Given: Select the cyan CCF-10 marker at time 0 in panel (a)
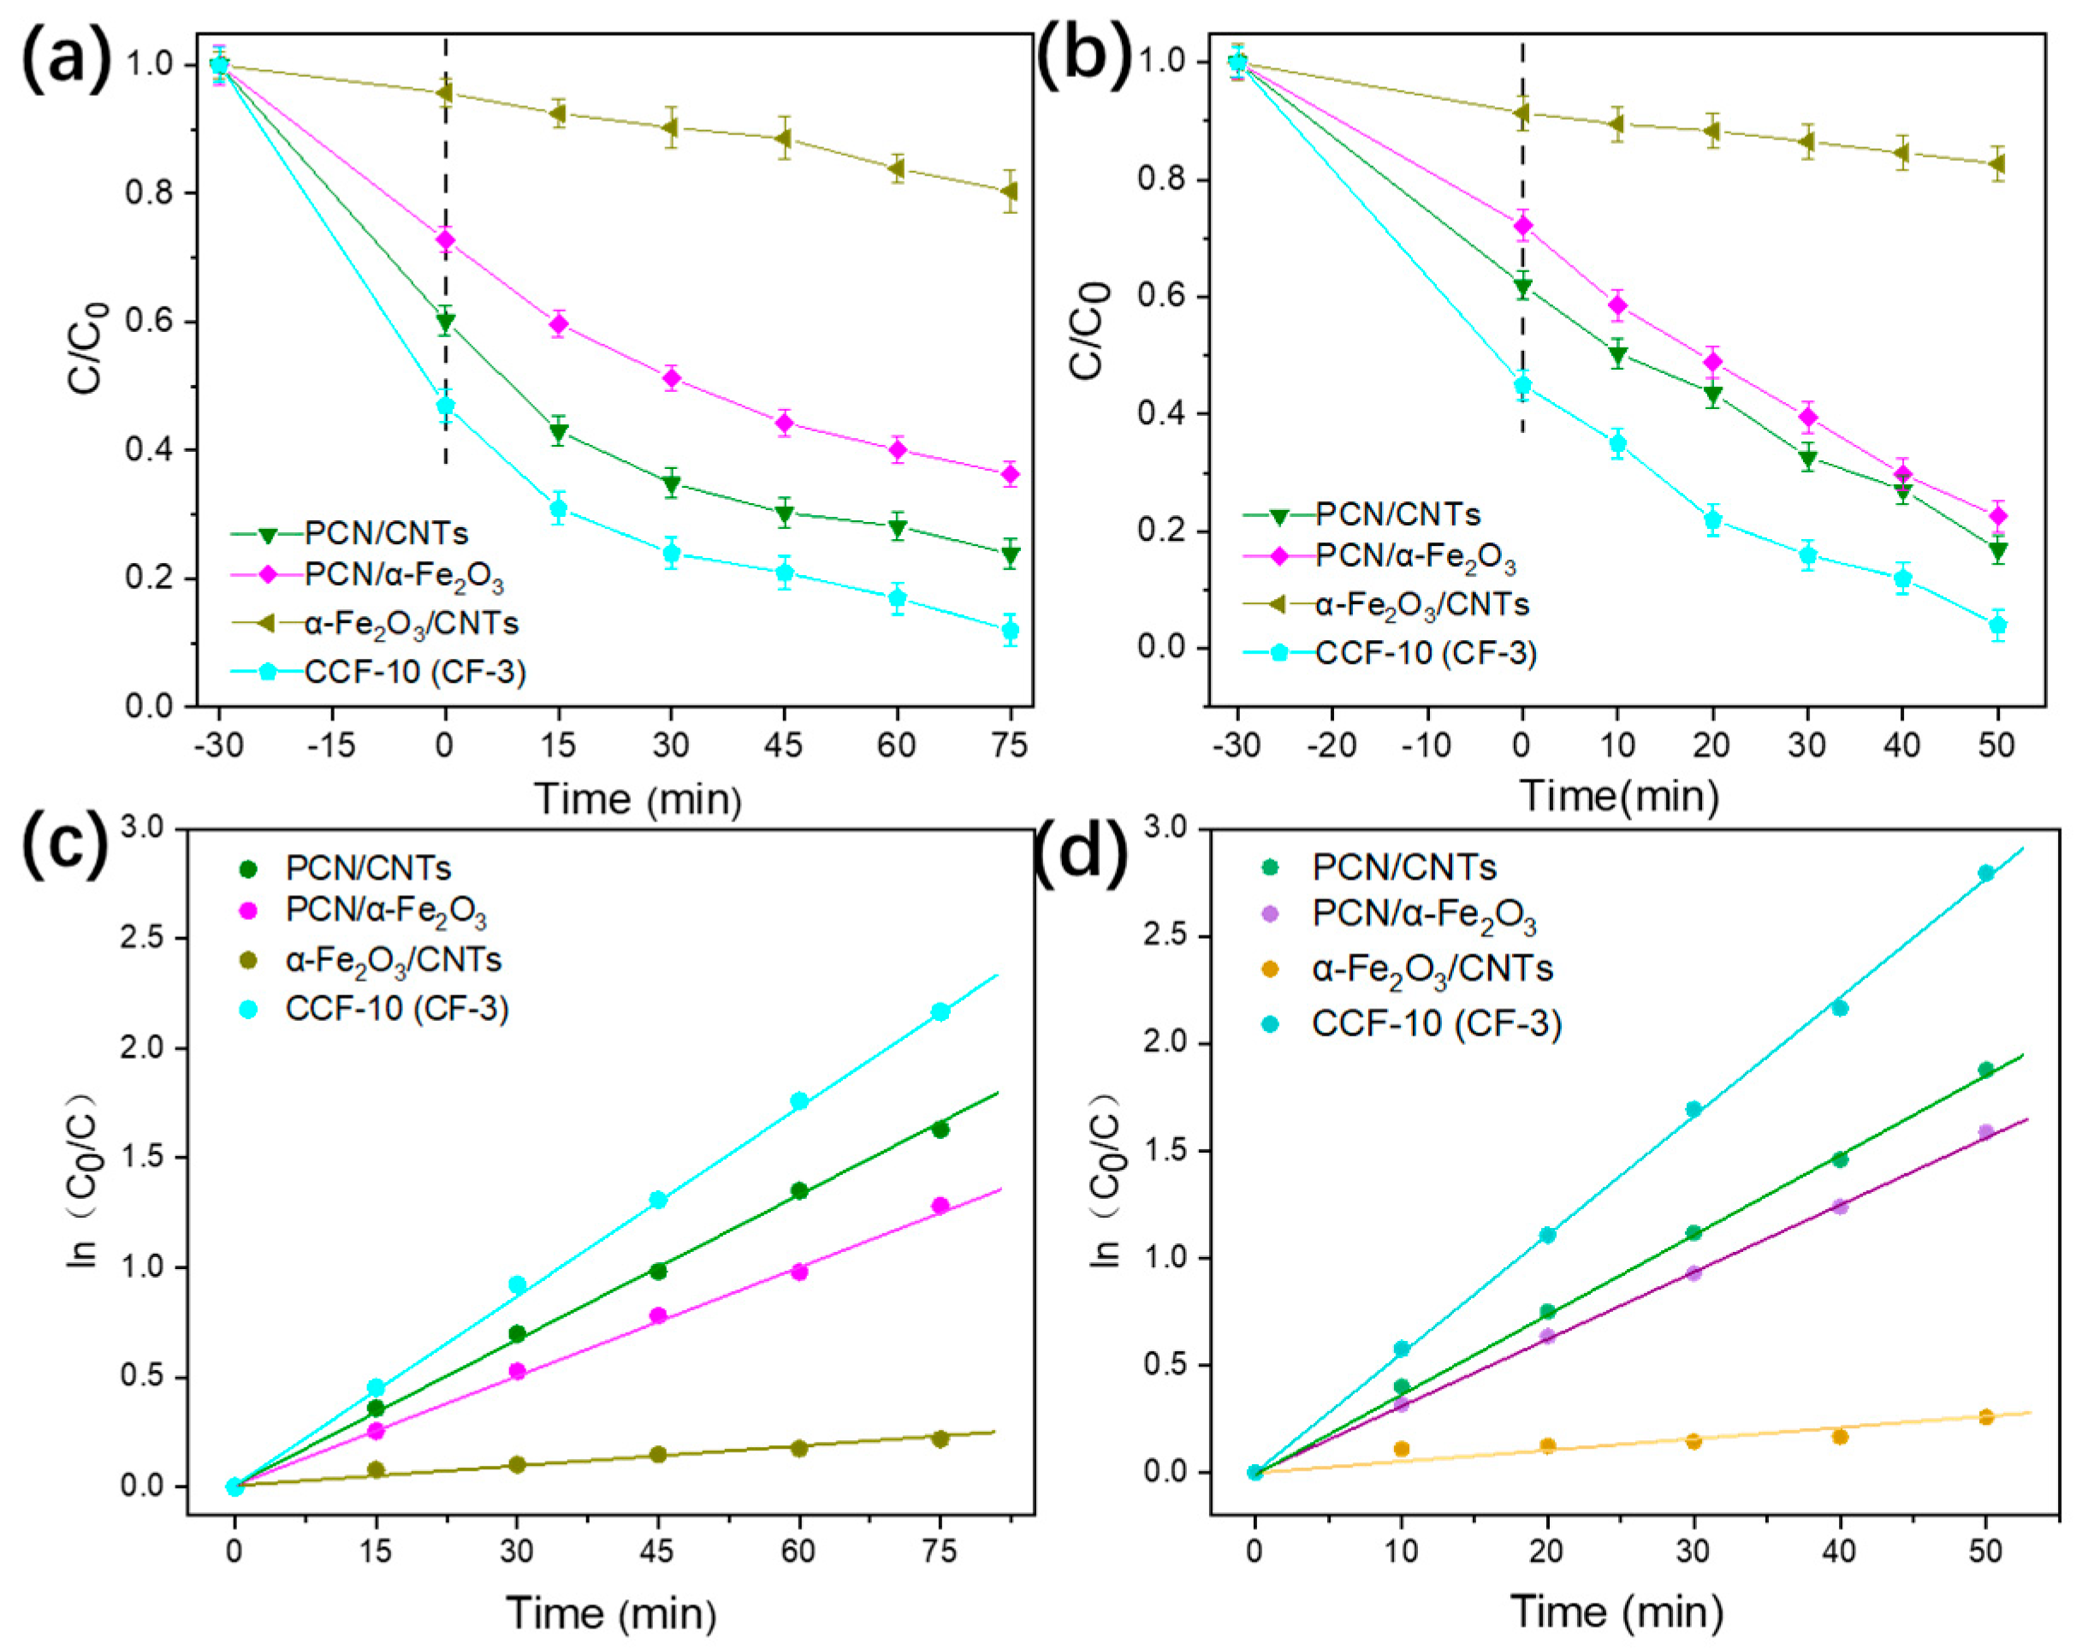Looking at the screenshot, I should [x=445, y=406].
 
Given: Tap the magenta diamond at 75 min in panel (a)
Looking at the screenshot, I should [x=1010, y=473].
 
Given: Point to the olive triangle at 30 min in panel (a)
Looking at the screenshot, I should [x=671, y=127].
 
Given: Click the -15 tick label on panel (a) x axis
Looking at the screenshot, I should [x=331, y=744].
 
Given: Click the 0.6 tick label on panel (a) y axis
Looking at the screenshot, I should [x=149, y=322].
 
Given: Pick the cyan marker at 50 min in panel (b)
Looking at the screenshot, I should [x=1998, y=625].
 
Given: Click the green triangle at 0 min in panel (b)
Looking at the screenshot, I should [x=1522, y=286].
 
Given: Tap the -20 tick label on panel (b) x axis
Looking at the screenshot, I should [x=1332, y=744].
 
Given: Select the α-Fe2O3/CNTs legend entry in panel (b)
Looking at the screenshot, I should [x=1421, y=604].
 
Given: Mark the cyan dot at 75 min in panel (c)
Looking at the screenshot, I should [x=940, y=1011].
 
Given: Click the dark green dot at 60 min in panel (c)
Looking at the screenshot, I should [x=799, y=1191].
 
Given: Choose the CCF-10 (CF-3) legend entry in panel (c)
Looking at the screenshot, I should [x=395, y=1008].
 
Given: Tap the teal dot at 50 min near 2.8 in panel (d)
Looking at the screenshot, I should [x=1985, y=873].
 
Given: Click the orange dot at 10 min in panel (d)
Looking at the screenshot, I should [x=1402, y=1449].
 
